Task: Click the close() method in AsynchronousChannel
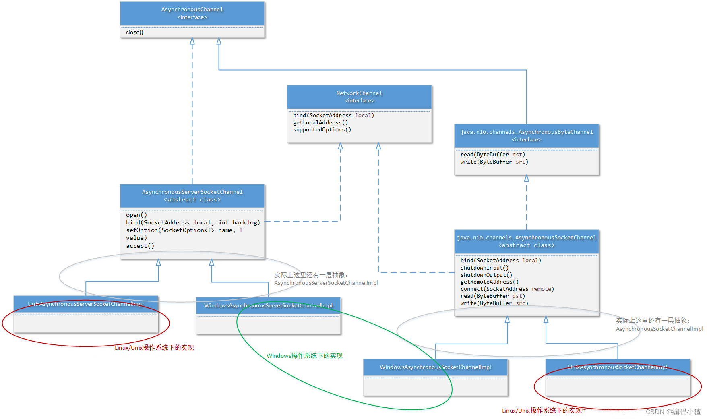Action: (x=134, y=32)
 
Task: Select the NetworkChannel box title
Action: (x=359, y=93)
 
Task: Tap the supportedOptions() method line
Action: (x=322, y=130)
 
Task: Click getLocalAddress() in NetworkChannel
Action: (x=320, y=122)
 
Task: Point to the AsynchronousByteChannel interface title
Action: (x=526, y=132)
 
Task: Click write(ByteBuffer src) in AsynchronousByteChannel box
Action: (x=494, y=162)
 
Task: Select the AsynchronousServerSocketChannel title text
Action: (x=192, y=192)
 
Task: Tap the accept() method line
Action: (x=140, y=246)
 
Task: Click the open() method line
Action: (x=136, y=215)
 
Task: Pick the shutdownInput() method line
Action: (x=484, y=268)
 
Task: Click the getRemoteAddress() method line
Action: (x=489, y=282)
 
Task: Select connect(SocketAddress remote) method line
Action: (x=507, y=289)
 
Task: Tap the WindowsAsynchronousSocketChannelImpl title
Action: (x=435, y=367)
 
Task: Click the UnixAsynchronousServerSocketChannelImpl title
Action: (x=85, y=304)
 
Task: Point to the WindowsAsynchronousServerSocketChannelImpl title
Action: (x=268, y=306)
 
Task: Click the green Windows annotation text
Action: (x=304, y=356)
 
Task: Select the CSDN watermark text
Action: (x=673, y=412)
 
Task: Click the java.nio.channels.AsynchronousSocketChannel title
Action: (x=526, y=238)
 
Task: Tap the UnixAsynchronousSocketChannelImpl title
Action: (x=618, y=367)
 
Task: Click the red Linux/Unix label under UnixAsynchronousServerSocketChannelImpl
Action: (x=154, y=348)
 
